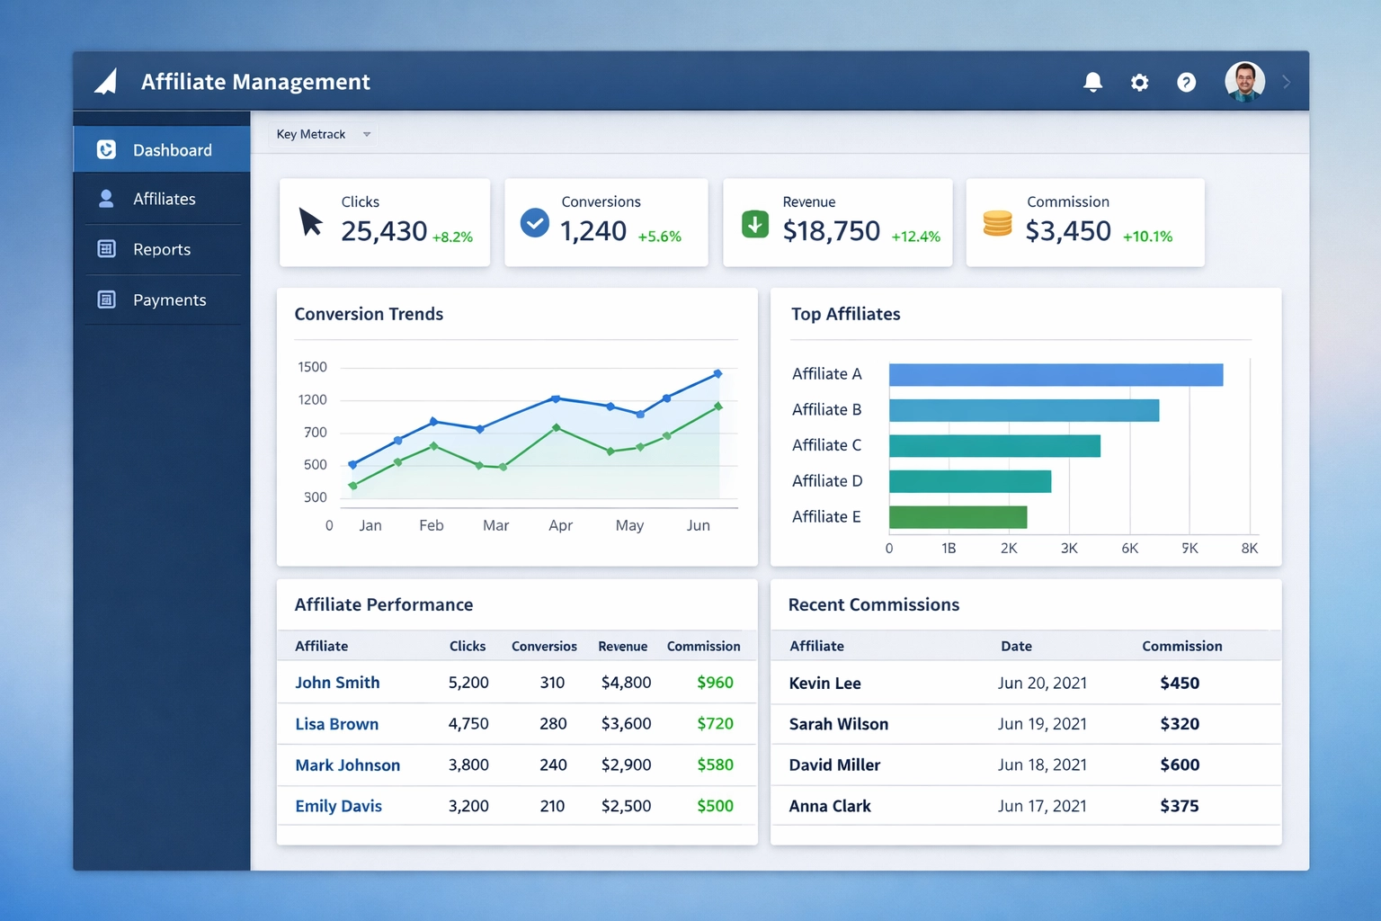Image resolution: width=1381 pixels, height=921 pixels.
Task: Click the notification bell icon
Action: pos(1092,83)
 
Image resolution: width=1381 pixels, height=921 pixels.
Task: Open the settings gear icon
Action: pos(1139,83)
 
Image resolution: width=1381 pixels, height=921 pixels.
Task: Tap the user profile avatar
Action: pos(1244,82)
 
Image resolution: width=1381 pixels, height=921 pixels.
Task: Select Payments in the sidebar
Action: pos(169,300)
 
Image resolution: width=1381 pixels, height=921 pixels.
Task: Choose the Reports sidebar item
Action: pos(162,249)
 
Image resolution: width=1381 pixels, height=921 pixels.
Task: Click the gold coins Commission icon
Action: pos(997,223)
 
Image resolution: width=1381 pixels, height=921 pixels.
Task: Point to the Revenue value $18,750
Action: pos(831,231)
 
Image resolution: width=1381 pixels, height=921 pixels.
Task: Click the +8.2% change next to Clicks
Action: pos(452,237)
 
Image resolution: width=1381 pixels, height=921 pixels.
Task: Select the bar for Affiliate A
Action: pos(1056,374)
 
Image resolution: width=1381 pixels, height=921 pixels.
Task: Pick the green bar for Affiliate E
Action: pos(958,517)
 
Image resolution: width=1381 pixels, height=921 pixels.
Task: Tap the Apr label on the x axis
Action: pos(560,525)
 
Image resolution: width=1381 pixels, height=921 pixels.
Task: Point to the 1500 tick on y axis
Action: pos(312,367)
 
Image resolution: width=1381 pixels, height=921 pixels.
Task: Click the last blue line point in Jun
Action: pos(717,373)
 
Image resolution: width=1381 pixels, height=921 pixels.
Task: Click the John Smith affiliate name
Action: pos(337,683)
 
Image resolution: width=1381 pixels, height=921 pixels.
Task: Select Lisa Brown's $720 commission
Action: pos(715,724)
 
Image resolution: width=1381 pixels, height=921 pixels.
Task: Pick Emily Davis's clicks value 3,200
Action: pos(468,806)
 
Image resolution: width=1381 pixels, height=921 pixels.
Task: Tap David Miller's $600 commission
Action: pos(1180,765)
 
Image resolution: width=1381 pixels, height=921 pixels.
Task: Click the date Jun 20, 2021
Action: pos(1042,683)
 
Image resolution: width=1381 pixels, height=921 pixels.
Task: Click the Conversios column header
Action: pos(544,646)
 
